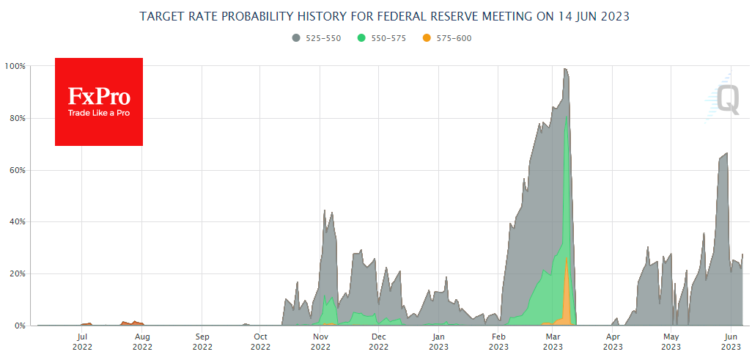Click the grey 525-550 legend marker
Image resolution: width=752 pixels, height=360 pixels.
pos(295,38)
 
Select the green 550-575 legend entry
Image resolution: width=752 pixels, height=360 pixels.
pos(381,38)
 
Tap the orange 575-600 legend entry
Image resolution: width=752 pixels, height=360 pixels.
pos(447,38)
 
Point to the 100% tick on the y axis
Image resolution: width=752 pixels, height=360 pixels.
pos(15,66)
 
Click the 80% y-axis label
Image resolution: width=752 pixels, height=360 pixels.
pos(17,118)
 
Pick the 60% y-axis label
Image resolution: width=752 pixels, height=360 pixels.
pos(17,170)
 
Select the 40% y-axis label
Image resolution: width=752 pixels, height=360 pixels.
pos(17,221)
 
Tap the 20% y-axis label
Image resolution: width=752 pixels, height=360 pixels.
pos(17,273)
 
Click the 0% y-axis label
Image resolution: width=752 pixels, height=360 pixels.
pos(20,326)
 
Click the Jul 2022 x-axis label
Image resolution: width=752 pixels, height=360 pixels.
pos(82,342)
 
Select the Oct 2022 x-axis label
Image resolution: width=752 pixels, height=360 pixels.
pos(261,342)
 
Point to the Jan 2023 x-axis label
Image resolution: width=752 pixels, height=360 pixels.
pos(438,342)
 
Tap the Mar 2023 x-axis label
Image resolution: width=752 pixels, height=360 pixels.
pos(553,342)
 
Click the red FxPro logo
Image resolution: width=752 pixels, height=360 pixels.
pos(99,102)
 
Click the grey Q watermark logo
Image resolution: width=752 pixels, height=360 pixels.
pos(726,99)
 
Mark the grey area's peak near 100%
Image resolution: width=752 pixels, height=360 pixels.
pos(565,69)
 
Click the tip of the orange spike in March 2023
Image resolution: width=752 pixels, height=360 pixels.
pos(567,258)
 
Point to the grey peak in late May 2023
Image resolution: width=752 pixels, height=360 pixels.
pos(726,153)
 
